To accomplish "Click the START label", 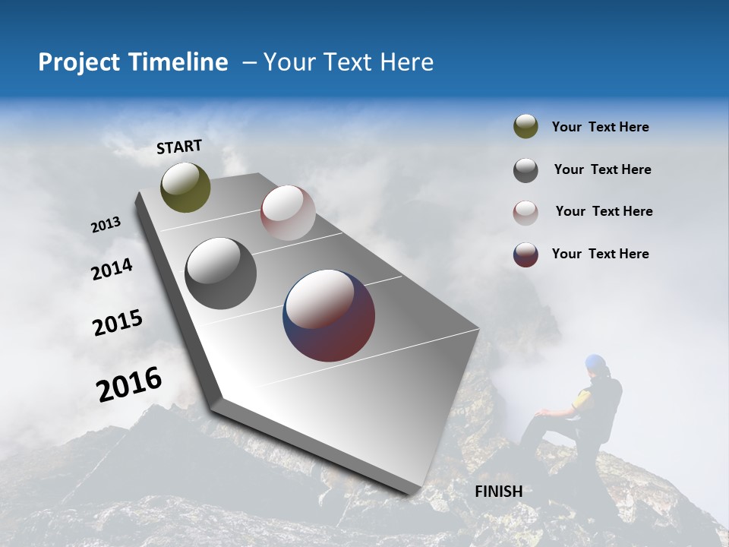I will tap(179, 147).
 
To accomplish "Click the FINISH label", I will tap(498, 492).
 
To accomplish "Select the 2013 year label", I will tap(106, 225).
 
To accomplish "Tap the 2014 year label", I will tap(112, 269).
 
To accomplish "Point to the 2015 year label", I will tap(117, 323).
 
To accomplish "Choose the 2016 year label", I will tap(128, 384).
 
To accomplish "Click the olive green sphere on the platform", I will tap(185, 187).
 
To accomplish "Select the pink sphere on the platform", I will tap(288, 213).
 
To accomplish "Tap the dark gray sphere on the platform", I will tap(220, 273).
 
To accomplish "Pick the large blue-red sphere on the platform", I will tap(329, 315).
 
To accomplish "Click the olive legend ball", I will tap(525, 127).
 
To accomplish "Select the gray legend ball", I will tap(525, 170).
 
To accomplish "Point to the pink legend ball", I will tap(525, 212).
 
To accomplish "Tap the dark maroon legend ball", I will tap(525, 255).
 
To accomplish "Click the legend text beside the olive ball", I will tap(600, 127).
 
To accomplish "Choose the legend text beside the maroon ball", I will tap(600, 254).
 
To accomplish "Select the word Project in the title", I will tap(75, 62).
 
